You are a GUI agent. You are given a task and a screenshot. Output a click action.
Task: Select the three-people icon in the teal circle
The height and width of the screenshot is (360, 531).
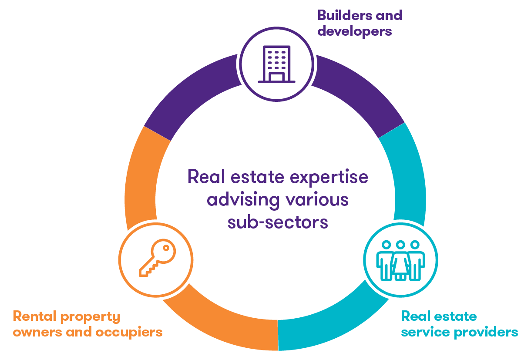[x=400, y=260]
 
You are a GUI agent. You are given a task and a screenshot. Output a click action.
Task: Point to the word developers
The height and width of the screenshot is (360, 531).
[x=355, y=31]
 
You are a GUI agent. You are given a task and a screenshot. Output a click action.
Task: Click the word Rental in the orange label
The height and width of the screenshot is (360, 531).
[x=34, y=316]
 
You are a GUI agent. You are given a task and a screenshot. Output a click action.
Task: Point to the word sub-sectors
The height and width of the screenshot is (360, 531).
[x=277, y=222]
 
